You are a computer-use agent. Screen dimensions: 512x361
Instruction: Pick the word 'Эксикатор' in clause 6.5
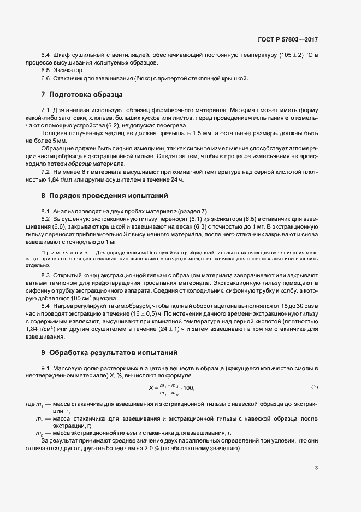[x=69, y=71]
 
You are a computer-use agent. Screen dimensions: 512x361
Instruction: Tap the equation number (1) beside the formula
[x=314, y=387]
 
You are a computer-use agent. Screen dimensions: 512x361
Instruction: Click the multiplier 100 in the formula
[x=186, y=388]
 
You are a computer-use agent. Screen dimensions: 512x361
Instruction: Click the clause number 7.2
[x=46, y=172]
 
